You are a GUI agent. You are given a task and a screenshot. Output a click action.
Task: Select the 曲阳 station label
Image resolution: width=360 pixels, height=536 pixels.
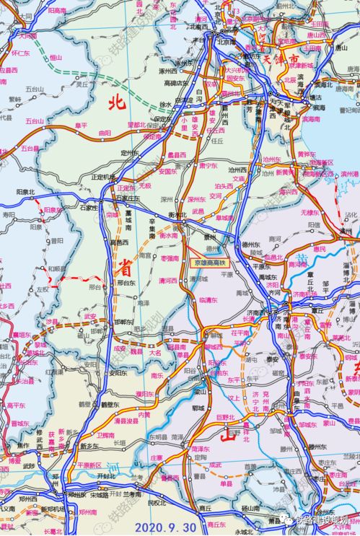tap(105, 133)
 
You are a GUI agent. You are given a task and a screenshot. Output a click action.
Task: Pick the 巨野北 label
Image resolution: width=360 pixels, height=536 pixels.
tap(226, 416)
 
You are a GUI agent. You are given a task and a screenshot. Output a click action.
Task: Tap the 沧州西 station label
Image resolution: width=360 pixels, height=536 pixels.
tap(271, 159)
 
